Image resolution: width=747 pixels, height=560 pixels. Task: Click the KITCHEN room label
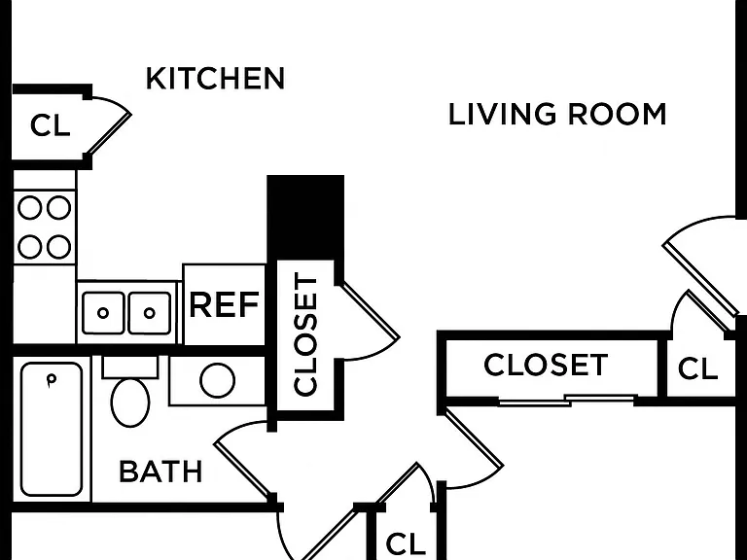(215, 79)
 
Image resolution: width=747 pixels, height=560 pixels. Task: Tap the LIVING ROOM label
(557, 115)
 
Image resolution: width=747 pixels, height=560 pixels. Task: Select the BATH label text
(160, 472)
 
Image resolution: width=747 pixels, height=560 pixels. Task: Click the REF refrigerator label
(224, 304)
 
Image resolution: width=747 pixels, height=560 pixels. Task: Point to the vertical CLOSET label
(305, 334)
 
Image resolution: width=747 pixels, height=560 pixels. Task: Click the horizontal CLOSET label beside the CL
(546, 365)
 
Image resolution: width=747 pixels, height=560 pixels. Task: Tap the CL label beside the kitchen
(50, 125)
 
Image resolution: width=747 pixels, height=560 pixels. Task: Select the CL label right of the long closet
(697, 368)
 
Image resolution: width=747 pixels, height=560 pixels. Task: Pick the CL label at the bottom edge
(406, 543)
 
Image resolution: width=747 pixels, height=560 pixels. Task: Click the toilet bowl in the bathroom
(130, 402)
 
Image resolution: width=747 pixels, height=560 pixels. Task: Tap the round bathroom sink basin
(217, 380)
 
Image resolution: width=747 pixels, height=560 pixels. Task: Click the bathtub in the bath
(52, 429)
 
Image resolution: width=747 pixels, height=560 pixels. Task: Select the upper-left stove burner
(29, 208)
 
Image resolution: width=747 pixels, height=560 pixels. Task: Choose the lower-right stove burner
(58, 247)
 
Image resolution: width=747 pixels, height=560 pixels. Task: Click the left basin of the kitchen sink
(103, 313)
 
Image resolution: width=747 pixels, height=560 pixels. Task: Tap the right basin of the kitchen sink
(149, 313)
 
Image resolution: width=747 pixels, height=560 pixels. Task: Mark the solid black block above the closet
(305, 218)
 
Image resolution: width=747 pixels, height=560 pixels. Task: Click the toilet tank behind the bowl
(130, 367)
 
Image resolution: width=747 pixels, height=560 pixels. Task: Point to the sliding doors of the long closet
(567, 400)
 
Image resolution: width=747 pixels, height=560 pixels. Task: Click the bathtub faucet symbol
(51, 380)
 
